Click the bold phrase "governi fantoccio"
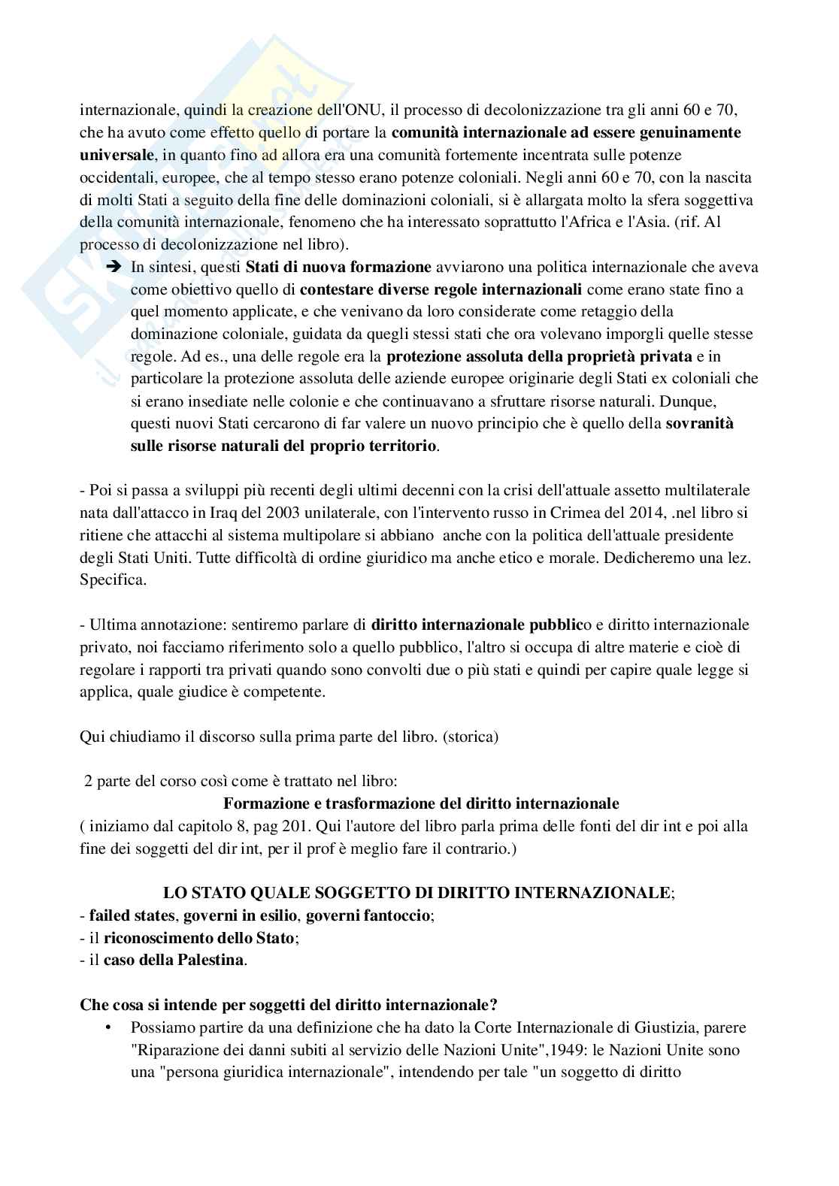pos(369,915)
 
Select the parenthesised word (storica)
pos(471,737)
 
